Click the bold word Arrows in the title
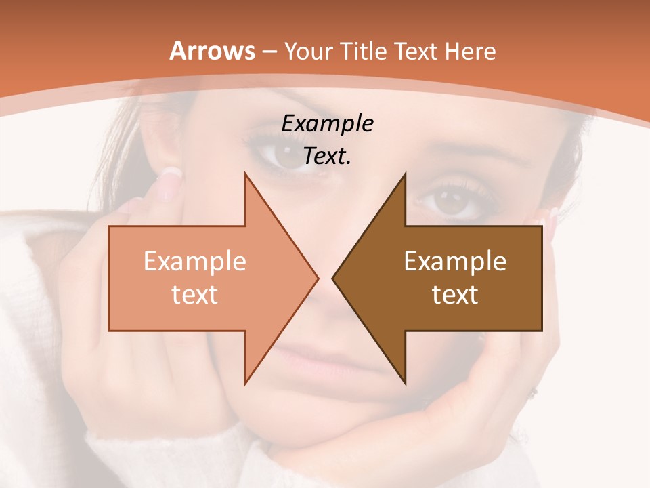(x=213, y=51)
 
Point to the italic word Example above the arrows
(x=328, y=124)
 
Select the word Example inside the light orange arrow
(x=195, y=261)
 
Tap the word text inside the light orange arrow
(x=195, y=294)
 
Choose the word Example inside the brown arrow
(x=455, y=261)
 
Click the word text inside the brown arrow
(x=455, y=294)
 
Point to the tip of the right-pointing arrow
(x=318, y=278)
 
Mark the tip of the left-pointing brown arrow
(x=332, y=278)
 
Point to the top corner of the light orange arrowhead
(x=245, y=174)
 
